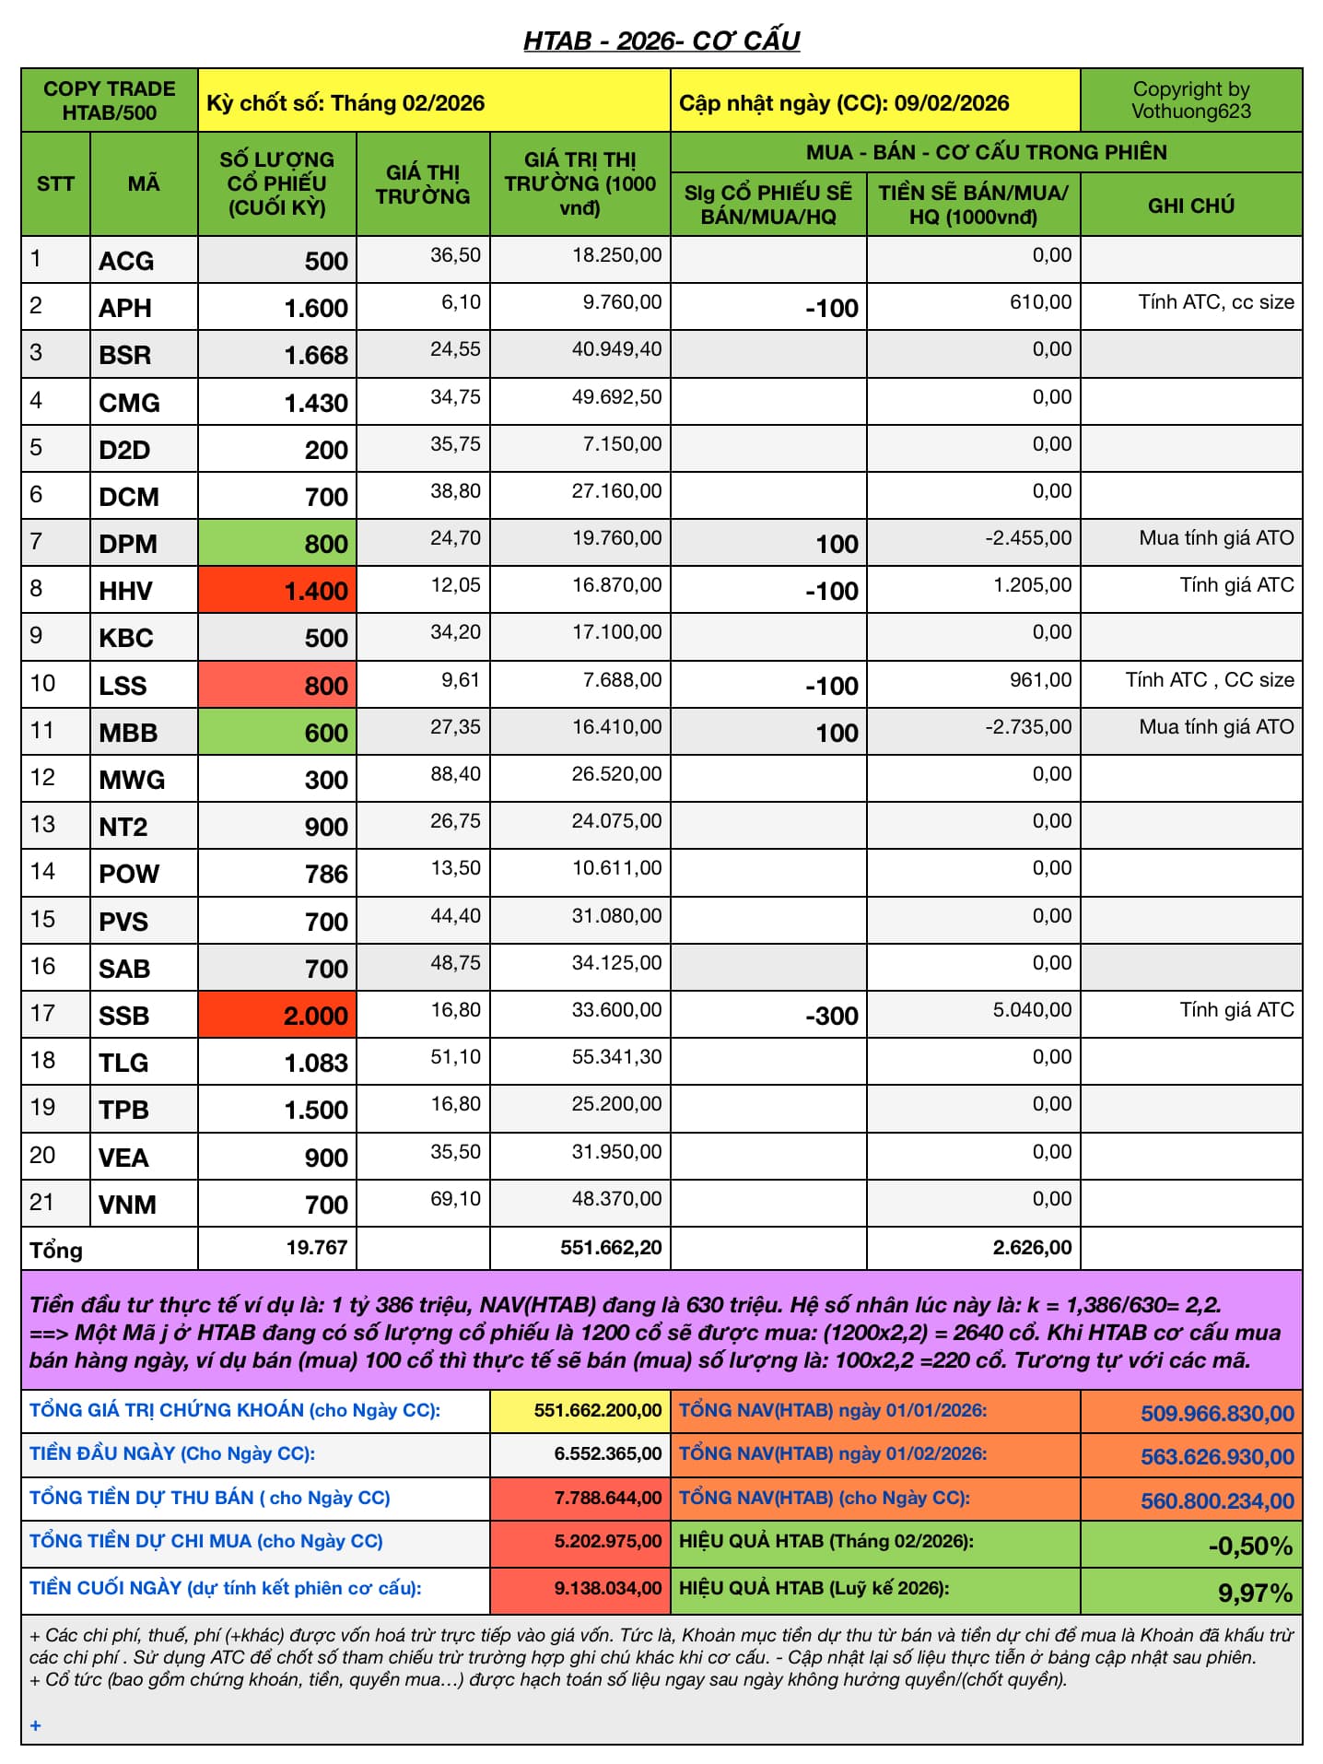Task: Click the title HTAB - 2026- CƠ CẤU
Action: click(661, 41)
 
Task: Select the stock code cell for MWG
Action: click(132, 780)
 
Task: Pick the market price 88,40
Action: click(455, 774)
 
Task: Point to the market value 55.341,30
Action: click(616, 1057)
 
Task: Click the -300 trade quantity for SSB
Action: click(831, 1016)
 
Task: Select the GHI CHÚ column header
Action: click(1190, 206)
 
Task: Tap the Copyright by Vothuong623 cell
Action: click(1190, 100)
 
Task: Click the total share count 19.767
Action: click(316, 1248)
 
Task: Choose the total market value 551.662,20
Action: click(611, 1248)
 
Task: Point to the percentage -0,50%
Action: click(1250, 1546)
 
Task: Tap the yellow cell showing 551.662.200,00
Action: click(597, 1411)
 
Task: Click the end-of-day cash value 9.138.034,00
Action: click(607, 1589)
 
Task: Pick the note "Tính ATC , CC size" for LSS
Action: click(1209, 680)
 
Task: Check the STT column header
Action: click(55, 183)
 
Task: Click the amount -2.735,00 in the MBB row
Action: click(1028, 727)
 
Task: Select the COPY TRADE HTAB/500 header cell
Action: click(109, 100)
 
